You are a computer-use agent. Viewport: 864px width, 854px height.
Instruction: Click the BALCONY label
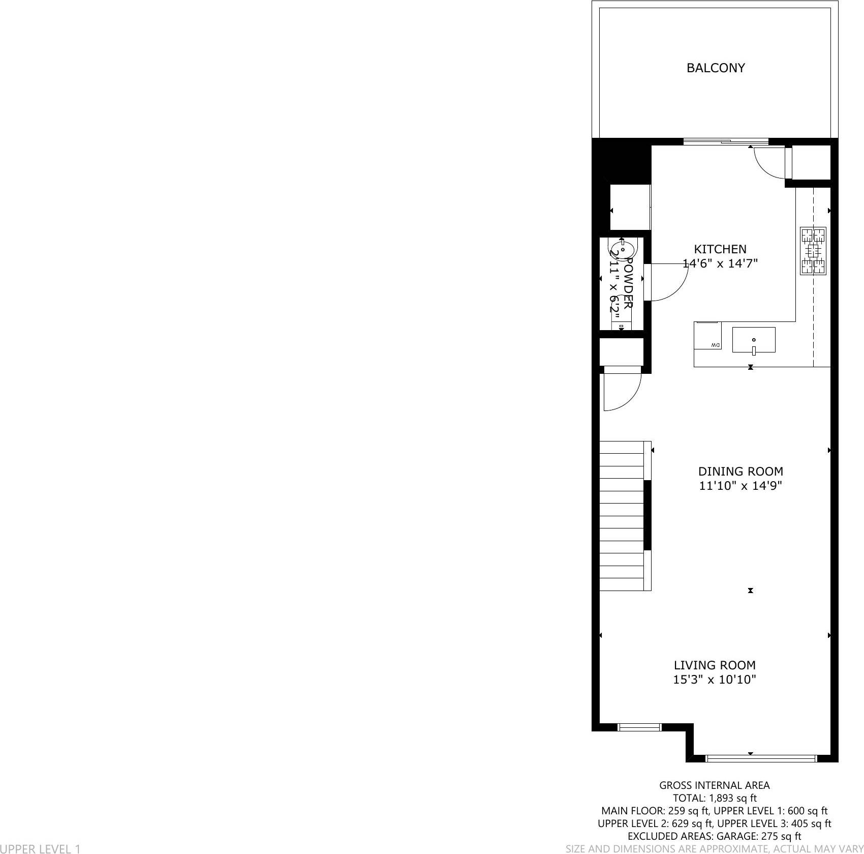[x=715, y=68]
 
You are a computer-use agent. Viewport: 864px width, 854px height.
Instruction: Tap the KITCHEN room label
[x=720, y=249]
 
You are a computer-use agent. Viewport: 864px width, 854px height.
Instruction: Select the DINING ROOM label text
[x=740, y=472]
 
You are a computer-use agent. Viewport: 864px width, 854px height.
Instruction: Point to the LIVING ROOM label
[x=715, y=665]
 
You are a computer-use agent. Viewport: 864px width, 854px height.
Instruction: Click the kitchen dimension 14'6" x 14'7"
[x=720, y=263]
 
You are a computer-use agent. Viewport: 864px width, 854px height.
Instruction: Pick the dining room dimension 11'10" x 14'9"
[x=740, y=486]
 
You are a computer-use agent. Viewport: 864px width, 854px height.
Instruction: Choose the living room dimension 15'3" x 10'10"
[x=715, y=680]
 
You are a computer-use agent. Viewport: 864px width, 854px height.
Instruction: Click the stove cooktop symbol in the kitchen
[x=813, y=251]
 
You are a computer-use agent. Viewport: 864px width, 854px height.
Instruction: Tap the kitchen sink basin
[x=753, y=340]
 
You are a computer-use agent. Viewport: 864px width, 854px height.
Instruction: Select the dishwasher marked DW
[x=707, y=336]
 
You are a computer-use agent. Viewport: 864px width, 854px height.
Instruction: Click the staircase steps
[x=622, y=516]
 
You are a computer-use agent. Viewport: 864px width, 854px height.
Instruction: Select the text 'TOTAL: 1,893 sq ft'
[x=715, y=798]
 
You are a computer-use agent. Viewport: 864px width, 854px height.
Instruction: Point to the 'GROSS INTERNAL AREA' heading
[x=715, y=785]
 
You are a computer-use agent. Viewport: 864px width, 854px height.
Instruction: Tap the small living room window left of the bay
[x=639, y=727]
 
